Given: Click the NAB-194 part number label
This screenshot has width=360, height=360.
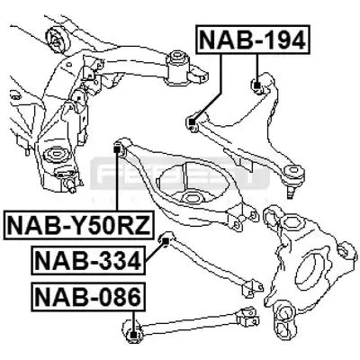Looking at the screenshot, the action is pos(252,40).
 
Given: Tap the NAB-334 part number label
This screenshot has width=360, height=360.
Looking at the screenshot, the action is pos(88,260).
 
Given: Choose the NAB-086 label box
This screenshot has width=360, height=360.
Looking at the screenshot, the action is pos(88,296).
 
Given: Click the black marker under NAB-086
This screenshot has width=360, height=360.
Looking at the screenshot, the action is pos(134,335).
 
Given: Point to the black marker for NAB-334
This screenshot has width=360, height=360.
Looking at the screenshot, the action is pos(166,240).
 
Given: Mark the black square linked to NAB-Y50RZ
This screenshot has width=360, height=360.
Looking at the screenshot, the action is pos(118,148).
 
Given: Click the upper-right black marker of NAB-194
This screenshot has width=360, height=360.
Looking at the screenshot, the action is pos(256,86).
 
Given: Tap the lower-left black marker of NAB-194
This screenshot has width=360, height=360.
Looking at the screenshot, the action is pos(192,122).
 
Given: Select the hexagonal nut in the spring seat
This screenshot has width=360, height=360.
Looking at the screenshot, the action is pos(191,197).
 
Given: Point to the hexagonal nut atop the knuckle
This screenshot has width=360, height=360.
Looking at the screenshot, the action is pos(290,222).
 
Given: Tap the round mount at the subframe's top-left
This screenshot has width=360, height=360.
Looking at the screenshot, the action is pos(58,40).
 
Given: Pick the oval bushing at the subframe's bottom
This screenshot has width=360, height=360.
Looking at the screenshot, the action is pos(57,155).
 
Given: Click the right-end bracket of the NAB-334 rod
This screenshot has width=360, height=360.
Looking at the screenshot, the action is pos(252,287).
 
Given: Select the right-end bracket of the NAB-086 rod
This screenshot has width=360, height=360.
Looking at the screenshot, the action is pos(247,319).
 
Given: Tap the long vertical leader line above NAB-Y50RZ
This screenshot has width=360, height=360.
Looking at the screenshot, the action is pos(118,181).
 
